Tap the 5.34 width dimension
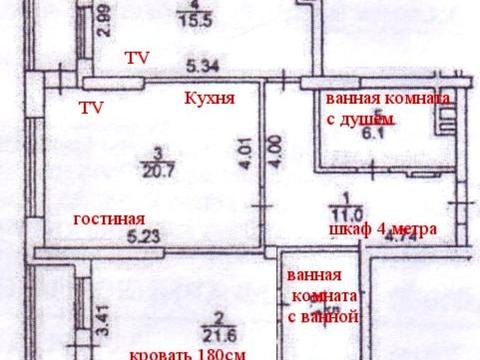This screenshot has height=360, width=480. pyautogui.click(x=203, y=66)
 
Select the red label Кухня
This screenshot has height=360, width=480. pyautogui.click(x=210, y=99)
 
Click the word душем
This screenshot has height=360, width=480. pyautogui.click(x=373, y=119)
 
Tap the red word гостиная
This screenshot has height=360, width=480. pyautogui.click(x=109, y=219)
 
